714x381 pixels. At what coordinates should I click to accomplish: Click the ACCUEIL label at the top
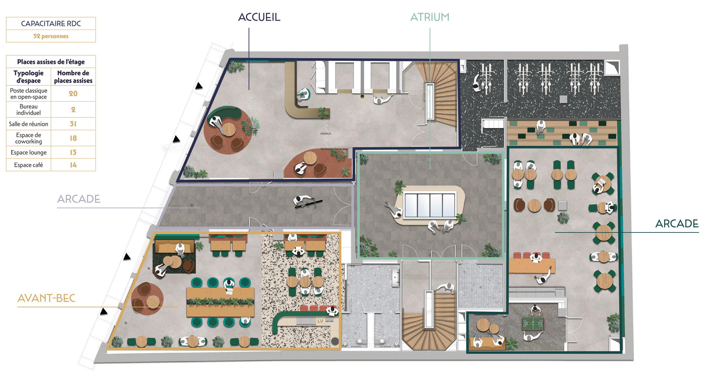259,17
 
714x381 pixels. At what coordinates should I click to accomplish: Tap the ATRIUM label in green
430,17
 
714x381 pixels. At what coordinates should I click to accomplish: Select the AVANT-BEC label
46,298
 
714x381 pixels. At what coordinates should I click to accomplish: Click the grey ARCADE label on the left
79,199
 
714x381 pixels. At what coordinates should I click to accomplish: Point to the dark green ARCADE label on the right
677,224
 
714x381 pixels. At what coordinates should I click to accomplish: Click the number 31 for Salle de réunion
73,124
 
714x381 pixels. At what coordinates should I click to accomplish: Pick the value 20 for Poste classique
73,93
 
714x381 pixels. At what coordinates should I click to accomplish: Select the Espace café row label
29,165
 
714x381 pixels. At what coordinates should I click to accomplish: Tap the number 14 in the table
73,165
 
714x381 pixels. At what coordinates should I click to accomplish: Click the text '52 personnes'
51,36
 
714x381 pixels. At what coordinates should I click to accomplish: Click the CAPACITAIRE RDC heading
51,24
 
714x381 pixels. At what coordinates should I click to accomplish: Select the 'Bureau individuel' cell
29,110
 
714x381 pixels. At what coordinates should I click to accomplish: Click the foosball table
533,323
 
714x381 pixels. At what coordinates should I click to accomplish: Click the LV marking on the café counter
320,321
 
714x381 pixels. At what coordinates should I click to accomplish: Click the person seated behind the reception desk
303,94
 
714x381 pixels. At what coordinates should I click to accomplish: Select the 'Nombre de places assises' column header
73,77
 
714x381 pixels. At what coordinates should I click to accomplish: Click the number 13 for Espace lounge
73,152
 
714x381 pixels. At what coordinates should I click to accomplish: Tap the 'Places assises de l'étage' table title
51,62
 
